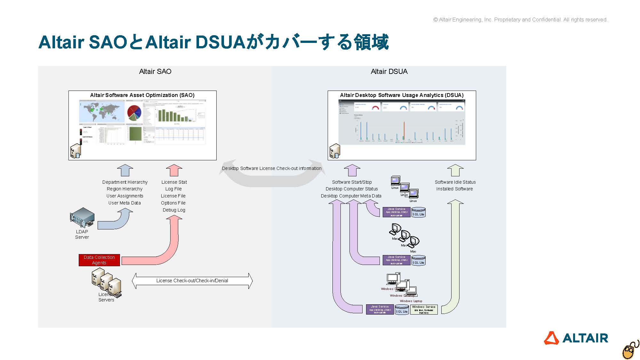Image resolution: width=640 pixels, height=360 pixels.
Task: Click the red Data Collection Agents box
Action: click(99, 260)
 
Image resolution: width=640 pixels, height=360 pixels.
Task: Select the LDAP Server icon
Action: click(82, 218)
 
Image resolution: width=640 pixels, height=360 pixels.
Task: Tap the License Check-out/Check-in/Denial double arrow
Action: click(192, 281)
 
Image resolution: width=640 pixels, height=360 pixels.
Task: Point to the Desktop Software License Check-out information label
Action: click(272, 168)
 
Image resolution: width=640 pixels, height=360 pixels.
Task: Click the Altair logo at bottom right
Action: click(576, 338)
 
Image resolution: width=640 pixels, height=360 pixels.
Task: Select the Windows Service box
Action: click(424, 309)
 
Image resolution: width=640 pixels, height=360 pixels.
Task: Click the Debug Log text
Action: click(174, 210)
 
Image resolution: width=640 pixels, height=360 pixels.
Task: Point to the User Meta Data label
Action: click(124, 203)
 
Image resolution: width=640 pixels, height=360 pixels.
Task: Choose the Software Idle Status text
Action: click(455, 182)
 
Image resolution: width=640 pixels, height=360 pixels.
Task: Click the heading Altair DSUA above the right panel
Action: click(389, 71)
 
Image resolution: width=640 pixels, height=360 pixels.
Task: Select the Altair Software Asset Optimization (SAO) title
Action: click(142, 95)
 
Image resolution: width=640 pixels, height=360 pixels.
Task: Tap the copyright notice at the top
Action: click(520, 20)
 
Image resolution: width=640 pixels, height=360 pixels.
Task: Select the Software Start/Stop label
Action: click(352, 182)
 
